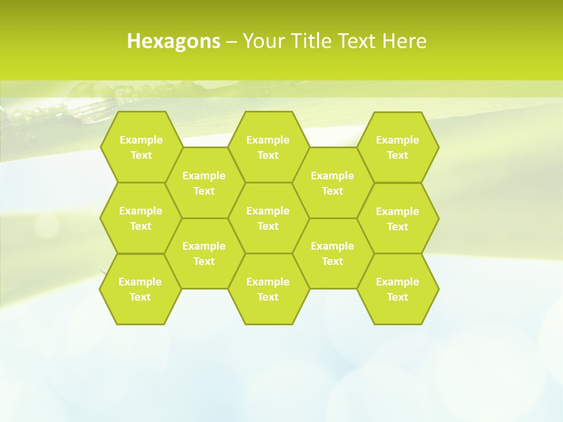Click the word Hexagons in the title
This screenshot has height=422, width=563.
pos(174,41)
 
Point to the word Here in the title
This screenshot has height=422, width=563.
pos(404,41)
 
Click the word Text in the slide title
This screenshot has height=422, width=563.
pos(358,41)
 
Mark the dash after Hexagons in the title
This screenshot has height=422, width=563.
pos(231,42)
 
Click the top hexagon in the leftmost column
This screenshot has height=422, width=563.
pos(141,147)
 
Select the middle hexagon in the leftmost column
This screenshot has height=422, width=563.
pos(141,218)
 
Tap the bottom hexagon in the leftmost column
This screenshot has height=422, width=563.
pos(140,289)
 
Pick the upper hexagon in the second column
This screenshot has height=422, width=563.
pos(204,183)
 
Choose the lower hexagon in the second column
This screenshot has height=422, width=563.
pos(204,253)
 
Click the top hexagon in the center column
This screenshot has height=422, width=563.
pos(268,147)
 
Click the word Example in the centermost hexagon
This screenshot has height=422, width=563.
pos(268,211)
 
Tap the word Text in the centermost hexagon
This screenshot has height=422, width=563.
pos(268,226)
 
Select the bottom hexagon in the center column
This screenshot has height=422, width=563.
pos(268,289)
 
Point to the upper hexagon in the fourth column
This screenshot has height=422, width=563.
pos(333,183)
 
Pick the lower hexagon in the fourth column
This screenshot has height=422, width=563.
pos(333,253)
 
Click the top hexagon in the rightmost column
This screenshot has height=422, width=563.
pos(398,147)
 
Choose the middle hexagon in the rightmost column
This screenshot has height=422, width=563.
pos(398,219)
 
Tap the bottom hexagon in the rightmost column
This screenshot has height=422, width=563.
pos(398,289)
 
